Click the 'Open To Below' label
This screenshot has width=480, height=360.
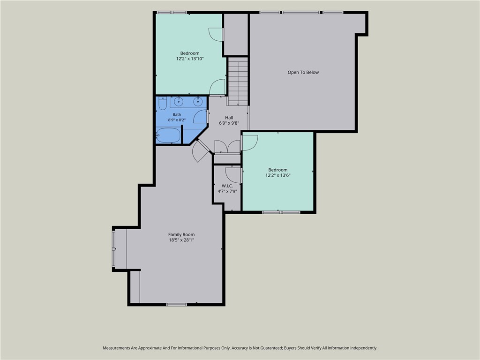tap(303, 73)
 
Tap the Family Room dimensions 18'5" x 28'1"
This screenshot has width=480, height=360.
tap(181, 240)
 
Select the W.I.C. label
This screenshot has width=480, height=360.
tap(227, 186)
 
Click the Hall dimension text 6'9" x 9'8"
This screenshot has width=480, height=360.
tap(229, 123)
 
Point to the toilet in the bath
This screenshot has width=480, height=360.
tap(163, 103)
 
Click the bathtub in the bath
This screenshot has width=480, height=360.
tap(168, 135)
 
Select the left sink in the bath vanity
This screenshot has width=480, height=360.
tap(179, 101)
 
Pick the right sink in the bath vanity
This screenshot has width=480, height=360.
tap(198, 101)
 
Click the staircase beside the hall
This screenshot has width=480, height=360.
tap(238, 82)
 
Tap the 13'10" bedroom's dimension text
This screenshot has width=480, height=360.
tap(190, 59)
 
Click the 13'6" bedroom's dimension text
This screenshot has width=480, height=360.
tap(278, 175)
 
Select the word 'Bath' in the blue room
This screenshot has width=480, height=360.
tap(177, 114)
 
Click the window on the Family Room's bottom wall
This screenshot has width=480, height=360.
tap(177, 305)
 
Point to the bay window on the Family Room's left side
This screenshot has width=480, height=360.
tap(113, 249)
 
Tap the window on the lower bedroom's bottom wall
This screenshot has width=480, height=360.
tap(281, 212)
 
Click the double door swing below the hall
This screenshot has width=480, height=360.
tap(227, 147)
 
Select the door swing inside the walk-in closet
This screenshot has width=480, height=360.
tap(233, 175)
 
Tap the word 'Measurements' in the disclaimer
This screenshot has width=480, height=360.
tap(117, 348)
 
